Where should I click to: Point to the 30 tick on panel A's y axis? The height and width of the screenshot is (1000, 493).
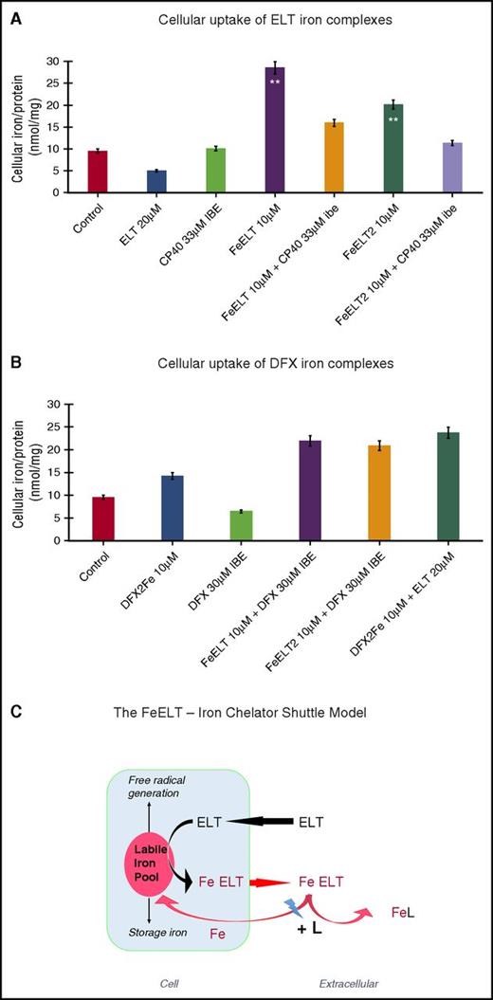point(64,61)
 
